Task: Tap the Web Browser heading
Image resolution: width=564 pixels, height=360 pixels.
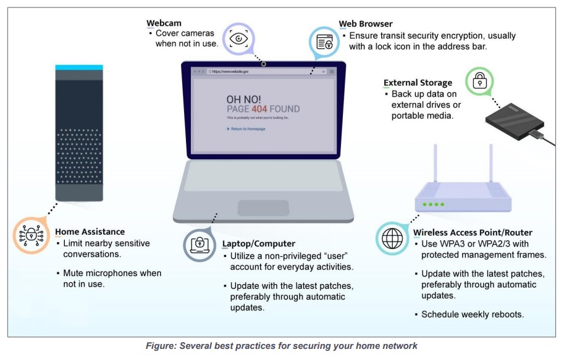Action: pos(366,24)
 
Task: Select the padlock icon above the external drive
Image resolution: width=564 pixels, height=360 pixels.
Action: pos(479,80)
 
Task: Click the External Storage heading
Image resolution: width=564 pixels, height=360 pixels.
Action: pos(418,83)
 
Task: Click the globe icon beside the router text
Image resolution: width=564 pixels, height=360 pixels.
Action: pos(392,238)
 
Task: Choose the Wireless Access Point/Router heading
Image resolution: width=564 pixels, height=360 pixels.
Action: pos(473,233)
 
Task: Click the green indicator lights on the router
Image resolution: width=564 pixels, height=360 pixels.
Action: pos(433,204)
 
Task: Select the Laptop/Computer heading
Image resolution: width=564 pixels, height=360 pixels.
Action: pos(259,244)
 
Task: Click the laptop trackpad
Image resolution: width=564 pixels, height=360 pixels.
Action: pos(263,208)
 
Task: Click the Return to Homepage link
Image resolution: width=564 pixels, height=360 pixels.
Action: pos(247,129)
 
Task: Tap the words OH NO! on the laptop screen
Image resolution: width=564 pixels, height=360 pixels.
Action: pos(243,99)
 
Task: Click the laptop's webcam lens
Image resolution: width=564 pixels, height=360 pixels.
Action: pos(263,64)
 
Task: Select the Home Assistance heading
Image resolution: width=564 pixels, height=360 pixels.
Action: pos(90,232)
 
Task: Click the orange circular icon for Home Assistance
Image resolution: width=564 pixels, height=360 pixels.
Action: pos(30,235)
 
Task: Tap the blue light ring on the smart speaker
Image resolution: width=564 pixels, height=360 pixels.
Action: pos(80,67)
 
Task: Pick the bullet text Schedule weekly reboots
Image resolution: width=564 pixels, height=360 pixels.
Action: pos(473,314)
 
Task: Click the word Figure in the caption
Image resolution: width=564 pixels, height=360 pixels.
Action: pos(159,346)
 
